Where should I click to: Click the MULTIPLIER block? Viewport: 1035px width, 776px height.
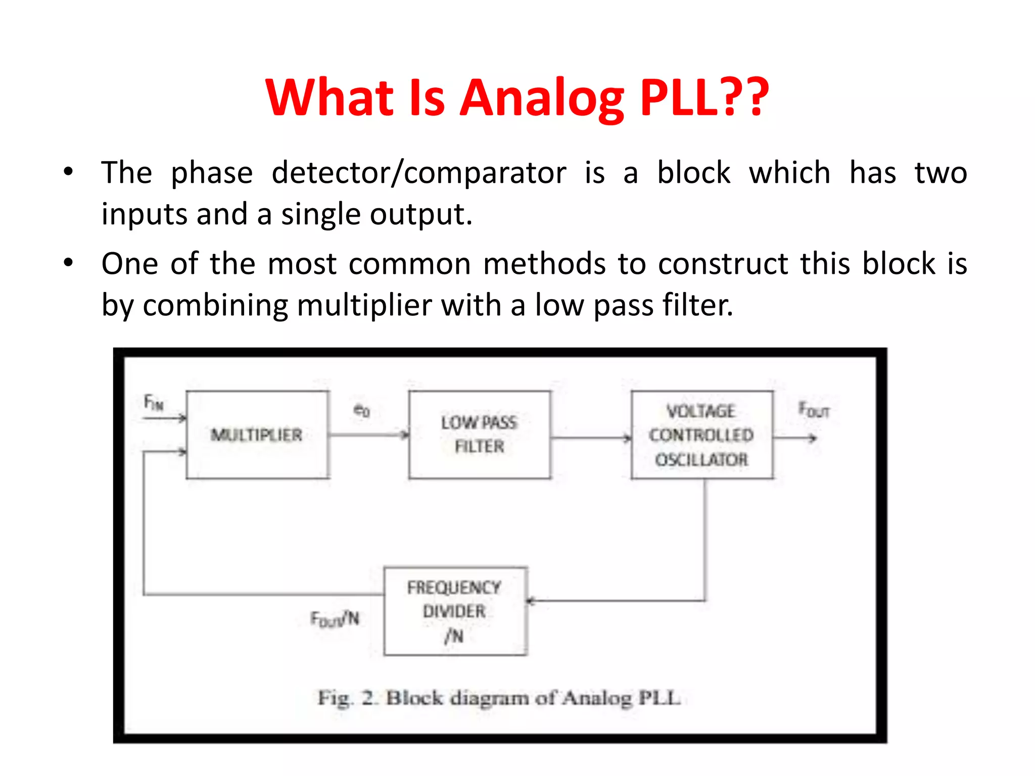click(257, 435)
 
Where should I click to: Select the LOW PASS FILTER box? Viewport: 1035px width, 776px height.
click(479, 435)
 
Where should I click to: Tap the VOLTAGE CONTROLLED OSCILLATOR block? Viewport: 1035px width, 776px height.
click(701, 435)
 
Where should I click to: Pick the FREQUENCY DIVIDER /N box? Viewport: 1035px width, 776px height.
click(455, 611)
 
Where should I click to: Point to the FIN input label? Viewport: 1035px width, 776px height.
click(154, 403)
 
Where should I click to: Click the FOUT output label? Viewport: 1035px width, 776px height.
click(814, 410)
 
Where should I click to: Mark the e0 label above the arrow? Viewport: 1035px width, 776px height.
click(361, 410)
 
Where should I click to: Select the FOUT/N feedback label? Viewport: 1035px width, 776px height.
click(335, 618)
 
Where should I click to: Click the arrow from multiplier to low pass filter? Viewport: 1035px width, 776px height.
click(369, 434)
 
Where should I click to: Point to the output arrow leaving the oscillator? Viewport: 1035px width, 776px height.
click(795, 438)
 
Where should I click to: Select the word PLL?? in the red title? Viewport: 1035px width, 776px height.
click(704, 97)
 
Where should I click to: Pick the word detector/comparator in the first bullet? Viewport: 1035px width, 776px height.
click(418, 173)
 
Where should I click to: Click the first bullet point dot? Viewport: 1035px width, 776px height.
click(68, 172)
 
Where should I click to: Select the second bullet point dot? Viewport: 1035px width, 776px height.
click(68, 263)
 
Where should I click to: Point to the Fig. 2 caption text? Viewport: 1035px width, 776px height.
click(499, 698)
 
